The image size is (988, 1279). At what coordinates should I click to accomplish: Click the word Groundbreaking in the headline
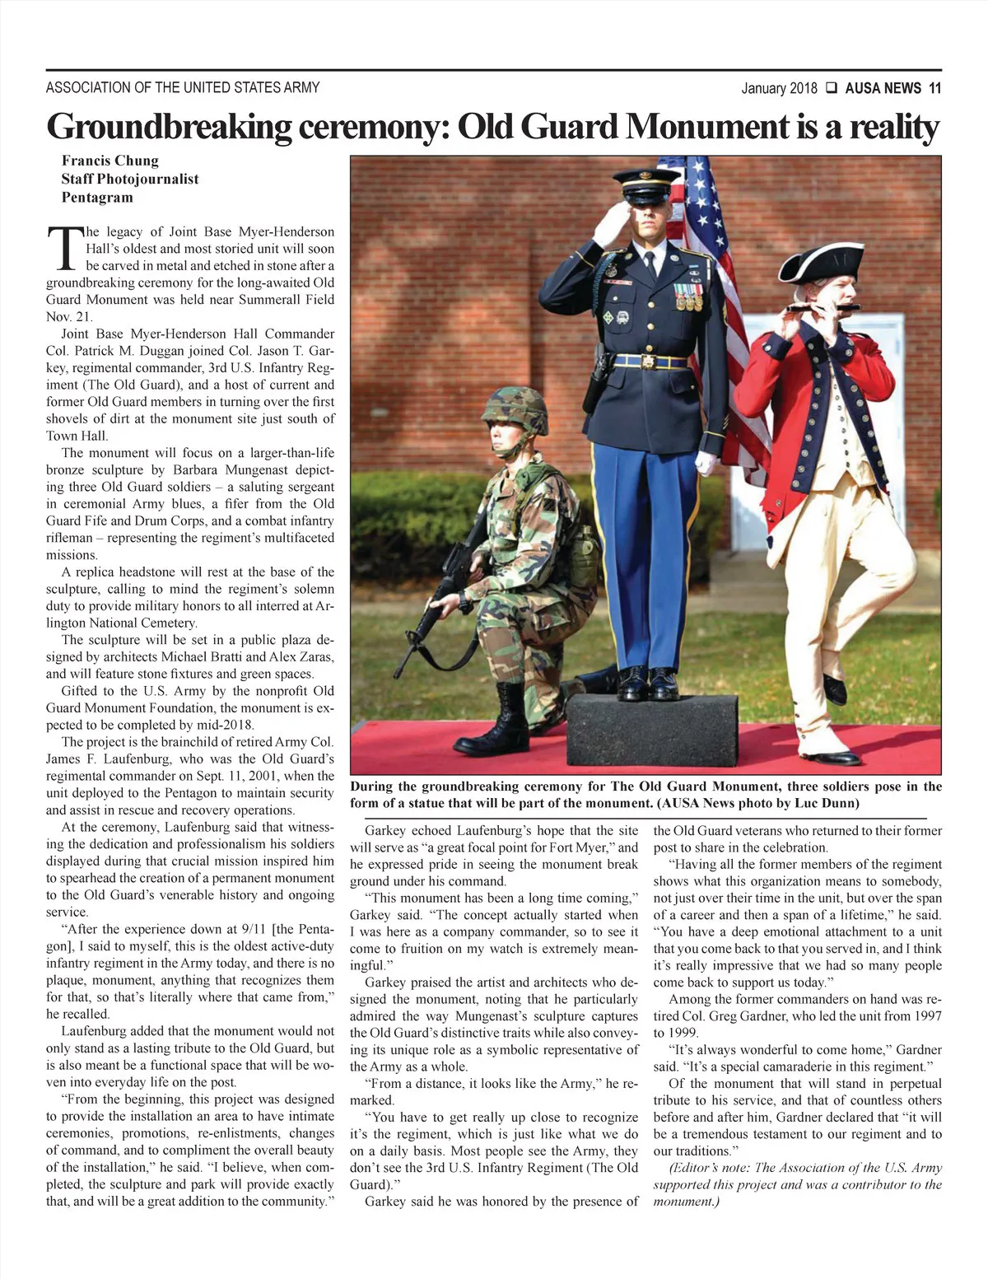pos(167,127)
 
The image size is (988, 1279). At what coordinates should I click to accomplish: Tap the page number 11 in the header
pos(934,88)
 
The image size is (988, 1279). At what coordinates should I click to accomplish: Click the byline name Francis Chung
pos(110,161)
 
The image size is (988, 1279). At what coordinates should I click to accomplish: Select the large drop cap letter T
pos(63,247)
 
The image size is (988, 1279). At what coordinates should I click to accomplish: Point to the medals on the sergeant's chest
pos(687,296)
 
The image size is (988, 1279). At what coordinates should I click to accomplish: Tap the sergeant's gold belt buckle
pos(649,362)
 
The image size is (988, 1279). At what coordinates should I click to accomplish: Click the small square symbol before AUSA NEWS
pos(831,88)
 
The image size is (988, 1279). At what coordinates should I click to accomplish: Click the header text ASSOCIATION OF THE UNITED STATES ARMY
pos(183,87)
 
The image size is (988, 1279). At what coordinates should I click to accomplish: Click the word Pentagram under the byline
pos(97,198)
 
